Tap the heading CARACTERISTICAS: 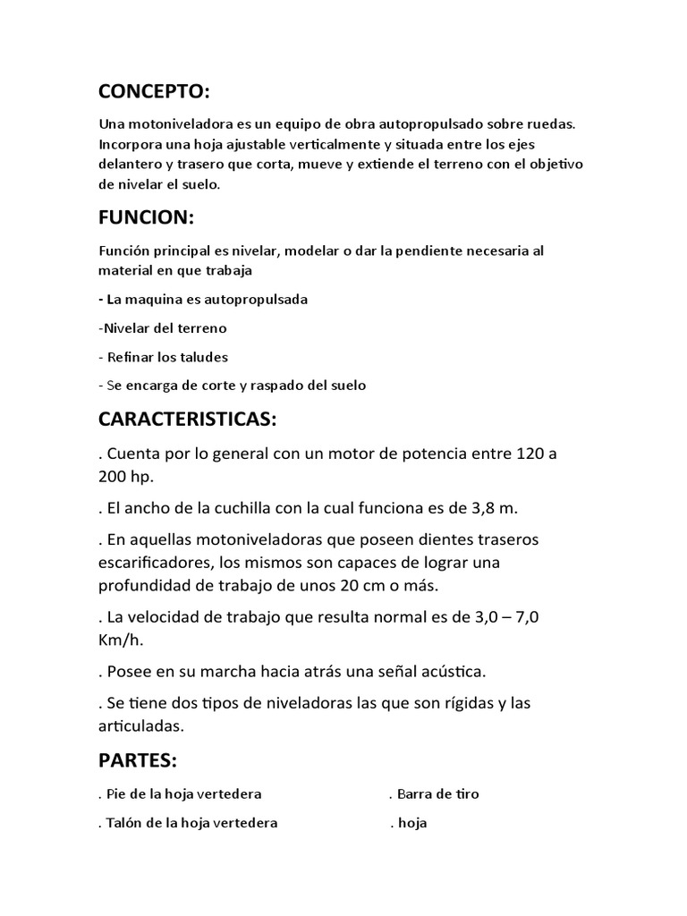188,420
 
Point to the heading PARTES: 138,761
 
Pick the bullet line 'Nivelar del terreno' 150,328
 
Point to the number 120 532,454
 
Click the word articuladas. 145,725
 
